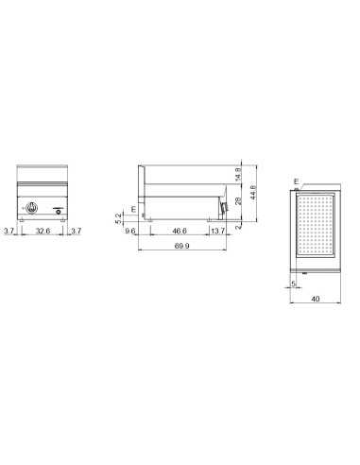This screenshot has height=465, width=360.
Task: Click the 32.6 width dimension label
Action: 43,231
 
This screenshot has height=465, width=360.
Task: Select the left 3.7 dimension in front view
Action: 9,231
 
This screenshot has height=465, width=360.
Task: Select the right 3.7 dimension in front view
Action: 77,231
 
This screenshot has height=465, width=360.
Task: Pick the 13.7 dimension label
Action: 218,231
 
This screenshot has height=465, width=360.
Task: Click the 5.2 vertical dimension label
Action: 119,215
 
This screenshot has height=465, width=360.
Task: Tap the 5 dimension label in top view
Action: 294,282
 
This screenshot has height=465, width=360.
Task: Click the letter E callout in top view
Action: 296,181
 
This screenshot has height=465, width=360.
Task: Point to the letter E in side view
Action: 133,208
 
